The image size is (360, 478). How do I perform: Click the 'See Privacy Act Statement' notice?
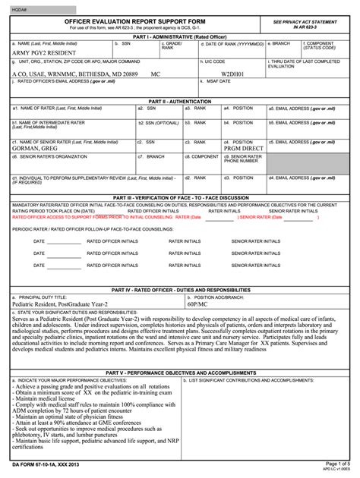pos(307,25)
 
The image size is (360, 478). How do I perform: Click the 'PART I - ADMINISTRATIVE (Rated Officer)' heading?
pos(179,36)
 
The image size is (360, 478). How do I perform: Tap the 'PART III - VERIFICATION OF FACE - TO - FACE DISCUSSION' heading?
pos(179,197)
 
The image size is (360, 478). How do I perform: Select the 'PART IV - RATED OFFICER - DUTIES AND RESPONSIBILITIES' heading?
pos(179,290)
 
